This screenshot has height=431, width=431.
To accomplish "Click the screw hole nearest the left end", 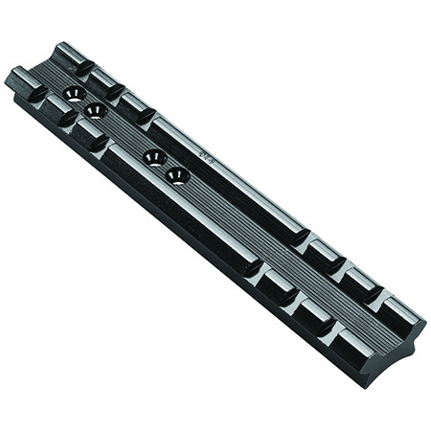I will coord(72,93).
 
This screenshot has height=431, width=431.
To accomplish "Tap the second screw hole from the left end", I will coord(94,111).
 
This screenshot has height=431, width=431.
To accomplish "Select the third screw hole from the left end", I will coord(153,157).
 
